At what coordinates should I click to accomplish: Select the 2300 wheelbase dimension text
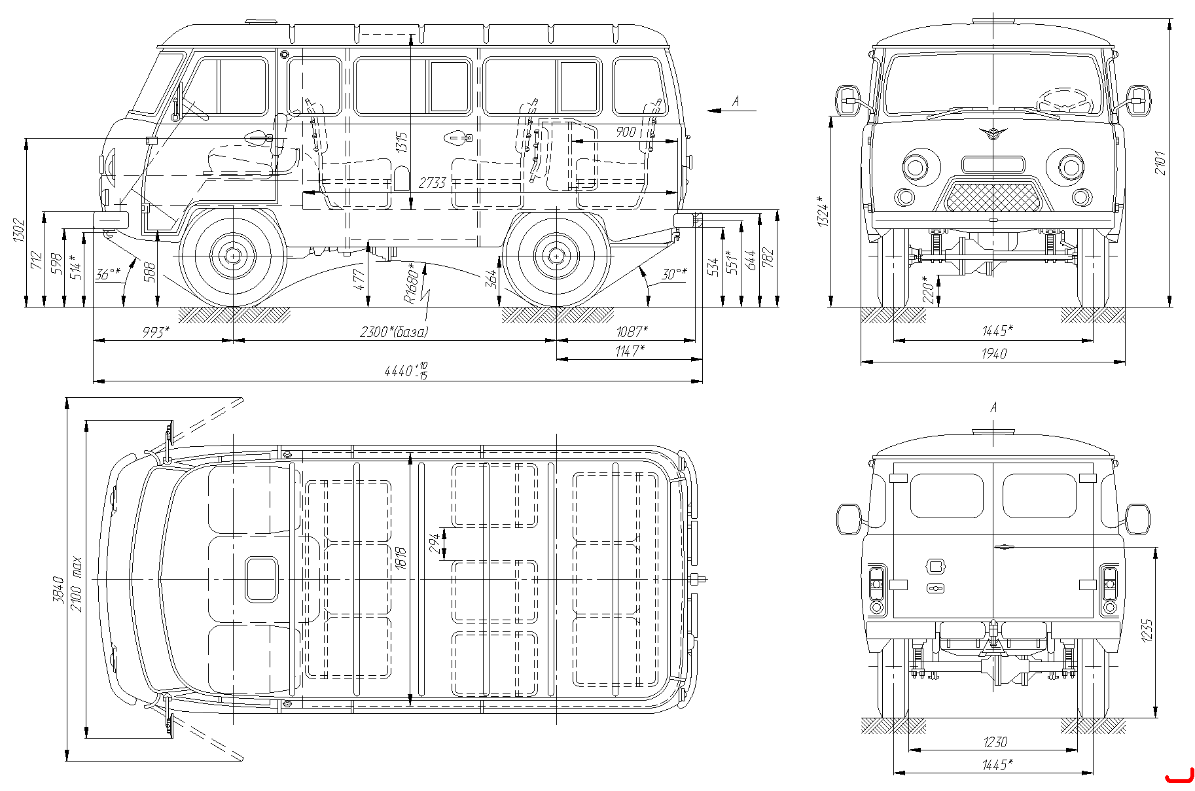click(x=394, y=332)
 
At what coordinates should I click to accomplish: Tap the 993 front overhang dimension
click(x=156, y=332)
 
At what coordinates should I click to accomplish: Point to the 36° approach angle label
click(x=108, y=273)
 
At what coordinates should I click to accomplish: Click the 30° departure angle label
click(x=674, y=273)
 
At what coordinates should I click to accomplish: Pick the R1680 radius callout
click(x=410, y=283)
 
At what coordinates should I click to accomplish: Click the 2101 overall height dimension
click(x=1160, y=162)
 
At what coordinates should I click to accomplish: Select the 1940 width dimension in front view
click(x=993, y=353)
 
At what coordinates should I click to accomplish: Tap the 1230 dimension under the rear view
click(x=995, y=742)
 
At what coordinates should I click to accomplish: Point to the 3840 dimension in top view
click(x=58, y=589)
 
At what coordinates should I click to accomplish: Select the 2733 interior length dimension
click(x=432, y=183)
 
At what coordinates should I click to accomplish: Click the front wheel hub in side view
click(x=232, y=255)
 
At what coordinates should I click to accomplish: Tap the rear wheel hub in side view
click(x=556, y=255)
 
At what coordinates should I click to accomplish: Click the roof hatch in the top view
click(x=262, y=579)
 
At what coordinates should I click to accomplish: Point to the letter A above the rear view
click(x=993, y=408)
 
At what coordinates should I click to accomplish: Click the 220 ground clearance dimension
click(x=927, y=289)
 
